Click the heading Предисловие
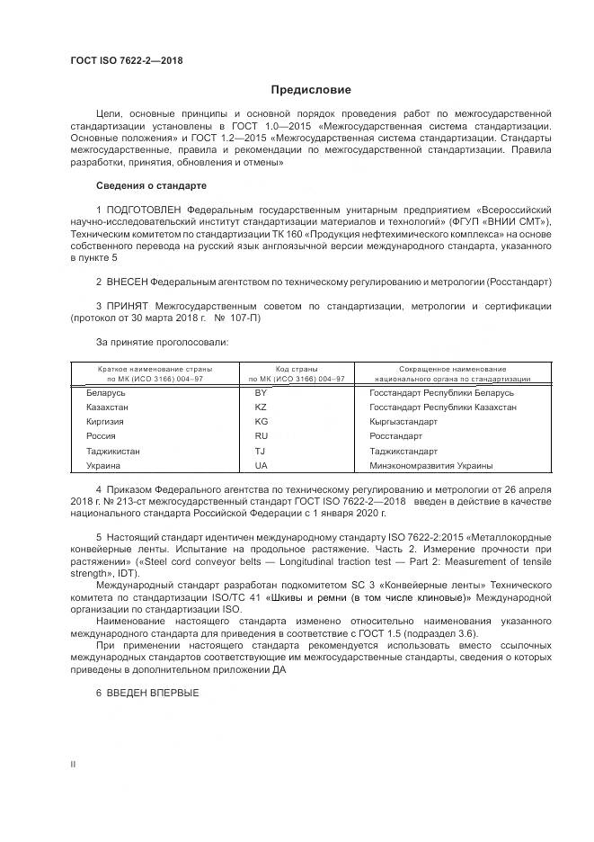pos(312,90)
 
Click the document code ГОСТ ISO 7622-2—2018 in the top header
pos(126,60)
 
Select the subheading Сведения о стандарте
pos(151,185)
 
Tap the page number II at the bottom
pos(73,764)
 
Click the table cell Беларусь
pos(106,393)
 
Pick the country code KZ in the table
pos(262,408)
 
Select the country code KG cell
pos(262,422)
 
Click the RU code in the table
pos(262,436)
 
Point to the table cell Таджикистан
pos(113,451)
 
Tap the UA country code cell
pos(262,466)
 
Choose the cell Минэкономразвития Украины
pos(430,466)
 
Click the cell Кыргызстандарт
pos(403,422)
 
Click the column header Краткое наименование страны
pos(155,370)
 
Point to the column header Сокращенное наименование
pos(452,370)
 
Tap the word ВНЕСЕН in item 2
pos(128,282)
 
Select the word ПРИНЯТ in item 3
pos(129,307)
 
